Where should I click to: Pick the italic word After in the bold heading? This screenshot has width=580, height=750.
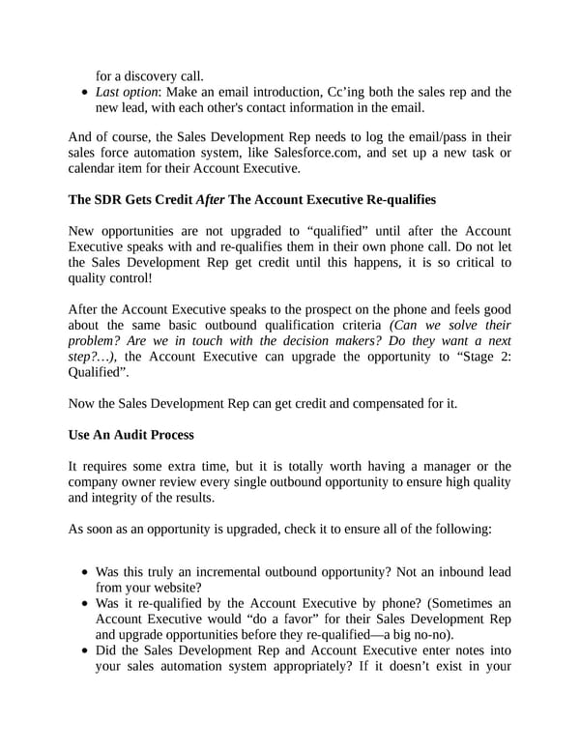(211, 200)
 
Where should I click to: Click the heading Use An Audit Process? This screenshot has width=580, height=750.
(130, 435)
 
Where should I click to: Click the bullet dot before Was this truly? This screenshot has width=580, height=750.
(86, 571)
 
